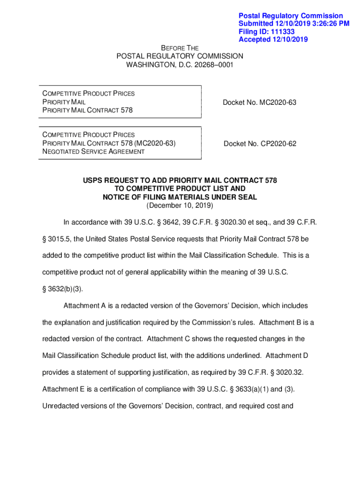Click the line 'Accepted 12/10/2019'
coord(273,39)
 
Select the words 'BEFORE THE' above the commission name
coord(180,48)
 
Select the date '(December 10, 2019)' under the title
coord(180,205)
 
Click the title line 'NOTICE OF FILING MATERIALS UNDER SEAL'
coord(180,197)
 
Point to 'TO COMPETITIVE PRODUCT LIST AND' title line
coord(180,189)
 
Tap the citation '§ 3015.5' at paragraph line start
coord(55,239)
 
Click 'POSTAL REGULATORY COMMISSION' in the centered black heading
coord(180,56)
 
